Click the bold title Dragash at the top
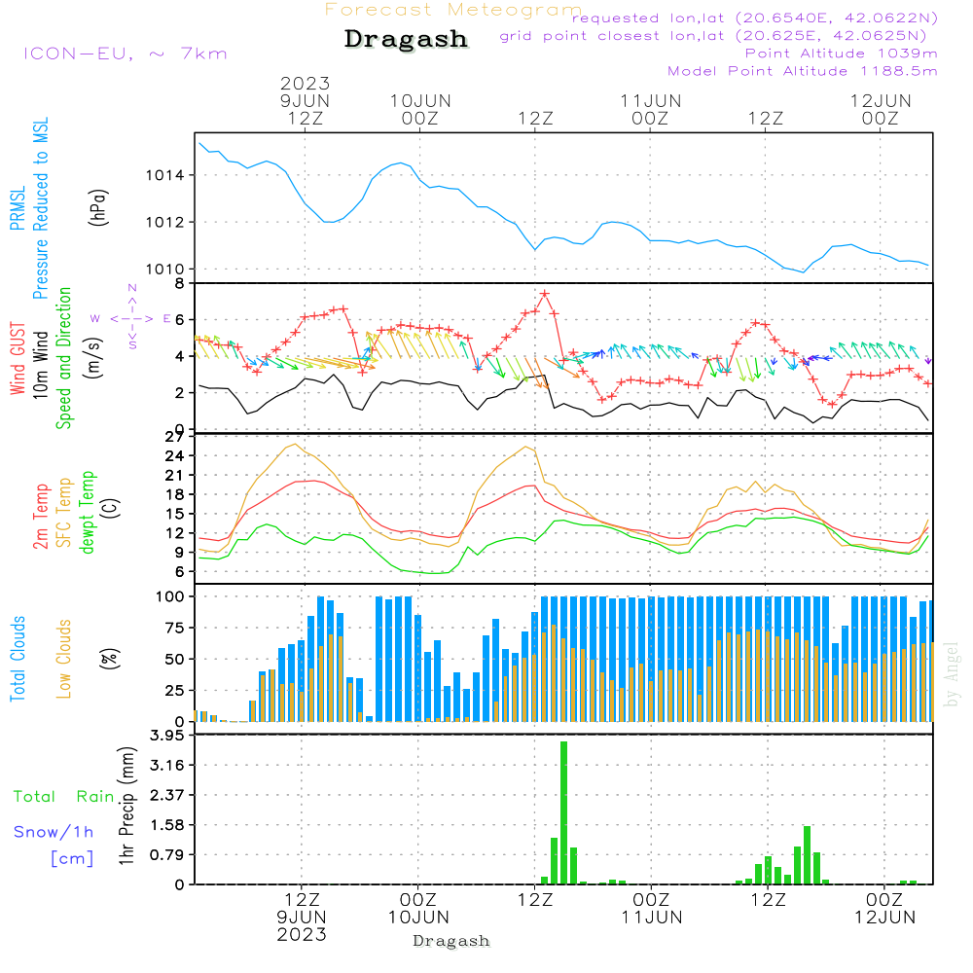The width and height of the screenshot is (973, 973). coord(406,40)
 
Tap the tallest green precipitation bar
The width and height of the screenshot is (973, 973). coord(563,812)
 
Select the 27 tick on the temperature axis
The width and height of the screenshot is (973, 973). coord(174,437)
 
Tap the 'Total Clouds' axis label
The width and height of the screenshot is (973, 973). coord(18,659)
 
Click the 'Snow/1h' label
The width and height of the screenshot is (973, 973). coord(54,832)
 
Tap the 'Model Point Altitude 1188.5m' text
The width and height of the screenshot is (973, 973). coord(802,71)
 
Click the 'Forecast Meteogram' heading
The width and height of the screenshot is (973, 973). coord(452,10)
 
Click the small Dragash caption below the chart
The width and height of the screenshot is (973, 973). coord(451,941)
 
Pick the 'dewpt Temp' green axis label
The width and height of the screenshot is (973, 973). coord(88,513)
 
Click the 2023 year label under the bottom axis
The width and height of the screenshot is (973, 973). coord(302,934)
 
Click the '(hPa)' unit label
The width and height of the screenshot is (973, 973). coord(98,205)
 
